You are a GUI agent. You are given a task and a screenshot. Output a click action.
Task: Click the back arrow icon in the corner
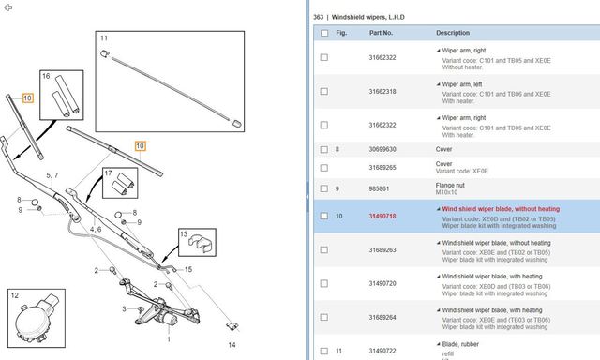click(8, 7)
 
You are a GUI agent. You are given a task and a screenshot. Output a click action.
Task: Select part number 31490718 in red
click(382, 217)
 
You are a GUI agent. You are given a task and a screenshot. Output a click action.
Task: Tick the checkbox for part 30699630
click(324, 149)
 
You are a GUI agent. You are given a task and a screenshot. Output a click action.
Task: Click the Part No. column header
click(381, 33)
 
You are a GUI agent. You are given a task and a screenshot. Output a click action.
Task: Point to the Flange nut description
click(450, 186)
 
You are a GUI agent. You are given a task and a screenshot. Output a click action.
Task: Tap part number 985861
click(379, 188)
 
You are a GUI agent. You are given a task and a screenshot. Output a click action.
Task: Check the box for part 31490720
click(324, 283)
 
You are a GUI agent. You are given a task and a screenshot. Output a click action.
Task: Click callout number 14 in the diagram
click(232, 345)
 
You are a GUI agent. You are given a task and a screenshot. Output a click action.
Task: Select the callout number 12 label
click(15, 295)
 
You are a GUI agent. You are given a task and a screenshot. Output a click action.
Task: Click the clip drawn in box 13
click(202, 244)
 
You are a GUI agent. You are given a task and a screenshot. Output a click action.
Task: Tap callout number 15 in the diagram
click(188, 269)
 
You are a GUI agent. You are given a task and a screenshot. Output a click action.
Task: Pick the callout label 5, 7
click(52, 175)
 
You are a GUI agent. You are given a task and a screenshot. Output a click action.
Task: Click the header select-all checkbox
click(324, 33)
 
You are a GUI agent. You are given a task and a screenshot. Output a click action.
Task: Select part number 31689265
click(382, 168)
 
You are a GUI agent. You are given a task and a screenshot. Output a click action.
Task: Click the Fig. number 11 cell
click(338, 351)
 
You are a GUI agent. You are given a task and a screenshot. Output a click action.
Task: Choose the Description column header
click(453, 33)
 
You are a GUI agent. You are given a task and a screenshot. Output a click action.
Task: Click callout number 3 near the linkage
click(124, 308)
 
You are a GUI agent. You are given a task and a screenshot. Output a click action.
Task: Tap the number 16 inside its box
click(46, 76)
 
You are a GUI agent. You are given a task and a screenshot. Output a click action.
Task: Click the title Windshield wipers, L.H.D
click(367, 17)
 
